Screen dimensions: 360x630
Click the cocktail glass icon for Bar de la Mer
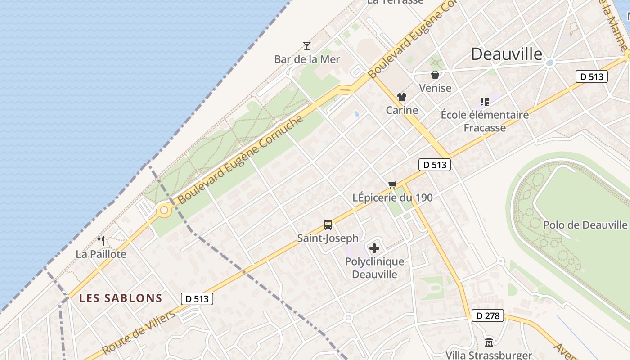(307, 45)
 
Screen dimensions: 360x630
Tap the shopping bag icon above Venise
(435, 75)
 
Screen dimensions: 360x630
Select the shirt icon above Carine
(401, 97)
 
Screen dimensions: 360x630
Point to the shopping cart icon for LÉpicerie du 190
(392, 184)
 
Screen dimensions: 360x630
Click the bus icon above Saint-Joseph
(328, 225)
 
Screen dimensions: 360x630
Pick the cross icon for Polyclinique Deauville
(374, 248)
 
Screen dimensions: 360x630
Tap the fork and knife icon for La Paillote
(101, 241)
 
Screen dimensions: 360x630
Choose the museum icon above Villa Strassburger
(489, 342)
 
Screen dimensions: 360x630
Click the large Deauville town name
(507, 54)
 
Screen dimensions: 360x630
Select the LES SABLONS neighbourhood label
(121, 298)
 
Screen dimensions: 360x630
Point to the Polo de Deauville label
(585, 225)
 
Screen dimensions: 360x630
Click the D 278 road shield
(488, 316)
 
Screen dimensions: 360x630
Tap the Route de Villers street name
(139, 332)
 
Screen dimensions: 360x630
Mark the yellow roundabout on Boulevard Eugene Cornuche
(164, 210)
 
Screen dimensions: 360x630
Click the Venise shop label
(435, 88)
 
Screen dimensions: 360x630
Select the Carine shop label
(402, 110)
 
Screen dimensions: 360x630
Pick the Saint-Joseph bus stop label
(328, 238)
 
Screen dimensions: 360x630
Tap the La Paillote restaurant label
(101, 254)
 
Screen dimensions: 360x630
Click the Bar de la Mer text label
(307, 59)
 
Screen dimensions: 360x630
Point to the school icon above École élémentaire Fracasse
(484, 102)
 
